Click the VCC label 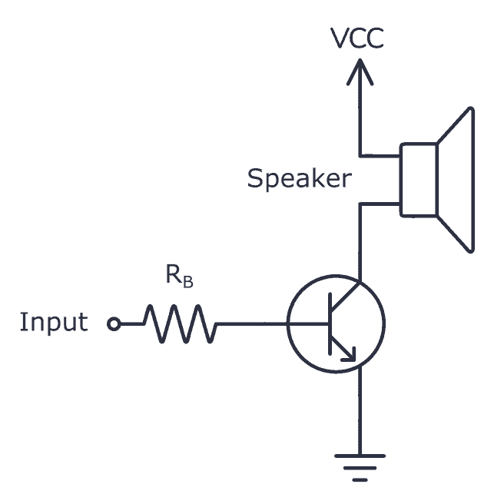pos(357,38)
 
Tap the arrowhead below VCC pos(358,73)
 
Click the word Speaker pos(299,179)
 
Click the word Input pos(53,323)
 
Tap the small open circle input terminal pos(114,324)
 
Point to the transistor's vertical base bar pos(329,323)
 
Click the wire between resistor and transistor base pos(254,323)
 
